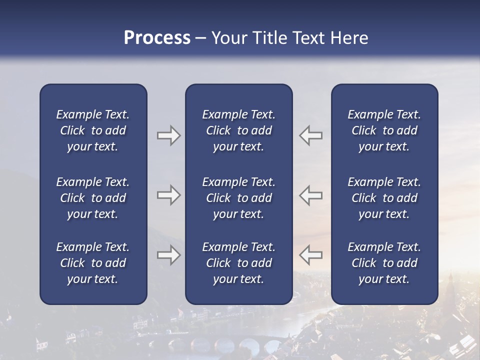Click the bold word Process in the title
(x=157, y=38)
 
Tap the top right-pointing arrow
(x=168, y=135)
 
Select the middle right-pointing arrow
(x=168, y=195)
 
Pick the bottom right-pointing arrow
(x=168, y=254)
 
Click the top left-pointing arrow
(x=310, y=135)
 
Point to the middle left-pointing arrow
(x=310, y=195)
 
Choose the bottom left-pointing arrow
(x=310, y=254)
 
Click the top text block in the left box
(x=93, y=130)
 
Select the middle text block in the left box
(x=93, y=198)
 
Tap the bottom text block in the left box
(x=93, y=263)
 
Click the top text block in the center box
(x=238, y=130)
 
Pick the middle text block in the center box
(x=238, y=198)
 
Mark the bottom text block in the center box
(x=238, y=263)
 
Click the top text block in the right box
(x=384, y=130)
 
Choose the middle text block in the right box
(x=384, y=198)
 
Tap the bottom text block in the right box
(x=384, y=263)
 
